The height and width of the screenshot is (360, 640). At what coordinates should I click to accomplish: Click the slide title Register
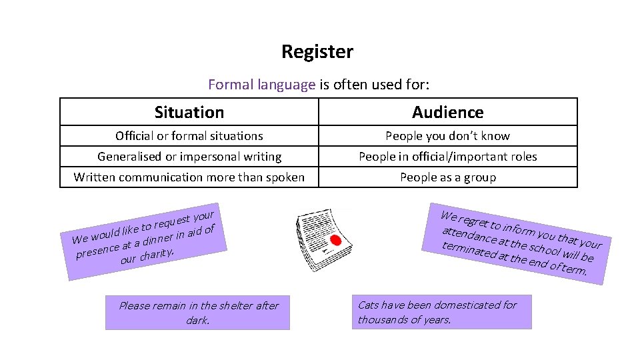tap(317, 51)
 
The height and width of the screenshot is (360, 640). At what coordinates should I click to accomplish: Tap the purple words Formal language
tap(261, 85)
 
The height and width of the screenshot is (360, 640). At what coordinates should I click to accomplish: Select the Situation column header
tap(189, 112)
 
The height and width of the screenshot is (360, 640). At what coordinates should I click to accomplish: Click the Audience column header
tap(448, 112)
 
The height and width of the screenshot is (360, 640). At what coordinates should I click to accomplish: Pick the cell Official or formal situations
tap(189, 136)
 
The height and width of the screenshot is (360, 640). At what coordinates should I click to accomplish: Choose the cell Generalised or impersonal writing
tap(189, 157)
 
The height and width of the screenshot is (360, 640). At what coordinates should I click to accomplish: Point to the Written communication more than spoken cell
tap(189, 177)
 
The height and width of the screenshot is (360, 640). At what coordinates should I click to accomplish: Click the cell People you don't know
tap(448, 136)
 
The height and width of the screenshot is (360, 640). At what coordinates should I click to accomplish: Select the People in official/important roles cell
tap(448, 157)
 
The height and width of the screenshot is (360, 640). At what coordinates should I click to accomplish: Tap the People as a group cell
tap(448, 177)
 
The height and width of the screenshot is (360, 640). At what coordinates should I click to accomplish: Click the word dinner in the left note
tap(158, 239)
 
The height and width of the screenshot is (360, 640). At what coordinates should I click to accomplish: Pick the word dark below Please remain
tap(197, 321)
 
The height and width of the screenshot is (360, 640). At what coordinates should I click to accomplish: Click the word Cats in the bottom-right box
tap(369, 305)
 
